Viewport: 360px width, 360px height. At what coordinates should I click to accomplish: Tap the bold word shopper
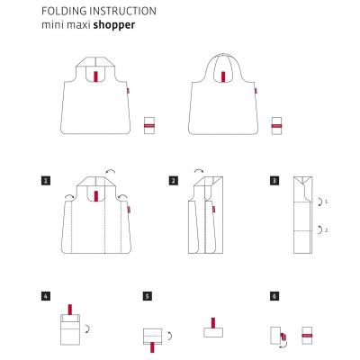coord(114,25)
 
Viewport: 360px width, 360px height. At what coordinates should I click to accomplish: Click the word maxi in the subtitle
coord(78,25)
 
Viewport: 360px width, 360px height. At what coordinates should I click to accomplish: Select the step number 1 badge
coord(46,181)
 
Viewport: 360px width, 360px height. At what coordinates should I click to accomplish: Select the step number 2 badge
coord(173,181)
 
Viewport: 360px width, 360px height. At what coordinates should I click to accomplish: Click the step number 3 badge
coord(274,181)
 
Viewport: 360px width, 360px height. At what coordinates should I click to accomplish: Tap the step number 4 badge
coord(46,296)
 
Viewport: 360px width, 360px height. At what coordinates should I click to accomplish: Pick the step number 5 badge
coord(147,296)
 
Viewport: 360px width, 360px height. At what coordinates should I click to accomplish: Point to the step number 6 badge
coord(274,296)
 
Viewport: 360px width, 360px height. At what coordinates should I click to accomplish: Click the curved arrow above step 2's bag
coord(199,170)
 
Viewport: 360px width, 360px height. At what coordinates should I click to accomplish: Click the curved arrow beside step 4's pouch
coord(88,328)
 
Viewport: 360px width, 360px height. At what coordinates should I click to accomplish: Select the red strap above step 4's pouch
coord(70,310)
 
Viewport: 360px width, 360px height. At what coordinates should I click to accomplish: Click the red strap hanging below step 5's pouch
coord(152,347)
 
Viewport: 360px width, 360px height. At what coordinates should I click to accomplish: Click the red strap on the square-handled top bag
coord(95,76)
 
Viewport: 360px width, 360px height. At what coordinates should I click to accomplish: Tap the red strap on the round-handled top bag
coord(223,76)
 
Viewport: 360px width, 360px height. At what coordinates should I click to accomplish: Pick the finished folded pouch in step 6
coord(307,336)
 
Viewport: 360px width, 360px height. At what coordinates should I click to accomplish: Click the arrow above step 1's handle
coord(111,172)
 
